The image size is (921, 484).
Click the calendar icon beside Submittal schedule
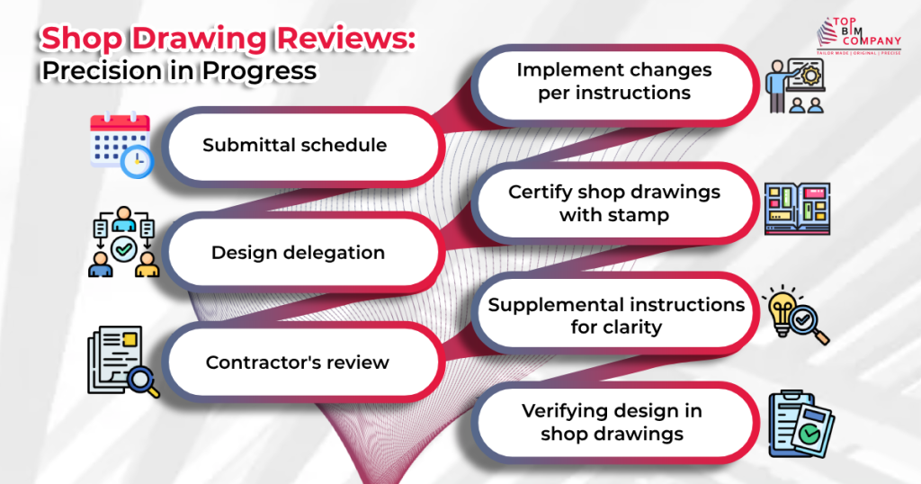pyautogui.click(x=120, y=143)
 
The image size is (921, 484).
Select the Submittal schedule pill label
pyautogui.click(x=294, y=145)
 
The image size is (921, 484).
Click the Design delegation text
pyautogui.click(x=298, y=253)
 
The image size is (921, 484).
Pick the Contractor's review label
pyautogui.click(x=297, y=363)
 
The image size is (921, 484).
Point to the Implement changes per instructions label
pyautogui.click(x=614, y=81)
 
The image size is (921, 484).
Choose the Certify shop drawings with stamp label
pyautogui.click(x=614, y=203)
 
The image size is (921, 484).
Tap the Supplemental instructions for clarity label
pyautogui.click(x=616, y=316)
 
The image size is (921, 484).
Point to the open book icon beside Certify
pyautogui.click(x=797, y=209)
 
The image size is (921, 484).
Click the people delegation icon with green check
pyautogui.click(x=123, y=245)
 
